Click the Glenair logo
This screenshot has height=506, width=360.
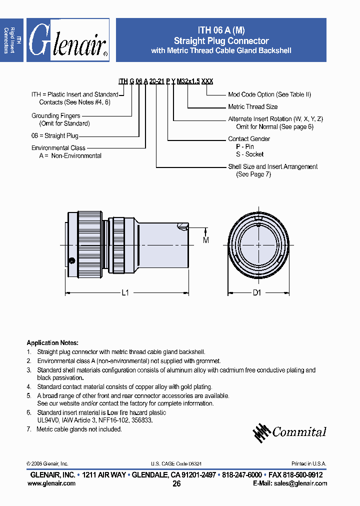pos(67,40)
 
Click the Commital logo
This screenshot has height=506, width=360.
pos(289,432)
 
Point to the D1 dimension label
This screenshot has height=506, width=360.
pos(257,293)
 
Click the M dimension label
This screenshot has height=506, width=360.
pos(205,240)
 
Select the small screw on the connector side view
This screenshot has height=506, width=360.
pos(72,260)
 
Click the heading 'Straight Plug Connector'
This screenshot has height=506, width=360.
pos(221,41)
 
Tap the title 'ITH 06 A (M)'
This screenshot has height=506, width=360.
pos(221,30)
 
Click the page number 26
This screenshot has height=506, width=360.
pos(176,484)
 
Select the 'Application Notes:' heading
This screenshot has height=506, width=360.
pos(52,343)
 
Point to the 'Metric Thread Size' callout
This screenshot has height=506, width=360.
pos(252,106)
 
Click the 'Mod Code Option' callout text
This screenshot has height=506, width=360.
pos(265,94)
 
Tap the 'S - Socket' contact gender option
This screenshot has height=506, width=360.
pos(249,154)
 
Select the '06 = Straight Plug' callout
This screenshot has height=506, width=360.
pos(55,135)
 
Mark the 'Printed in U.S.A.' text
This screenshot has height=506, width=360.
pos(308,463)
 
